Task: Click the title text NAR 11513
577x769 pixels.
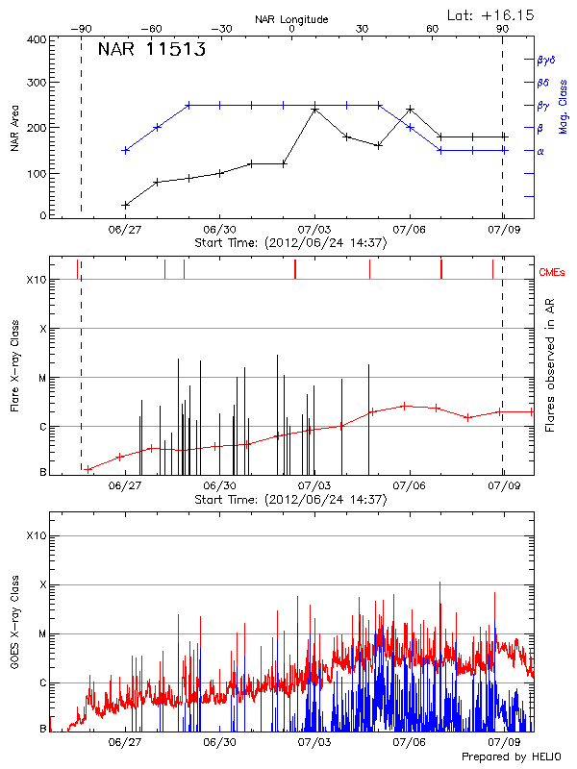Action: pyautogui.click(x=151, y=51)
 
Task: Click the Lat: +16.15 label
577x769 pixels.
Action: pyautogui.click(x=491, y=14)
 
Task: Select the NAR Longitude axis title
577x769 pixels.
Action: pyautogui.click(x=291, y=19)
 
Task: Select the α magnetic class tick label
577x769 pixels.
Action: pyautogui.click(x=539, y=151)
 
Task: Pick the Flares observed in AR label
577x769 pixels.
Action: pyautogui.click(x=550, y=364)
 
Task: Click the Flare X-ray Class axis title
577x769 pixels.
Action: pyautogui.click(x=15, y=364)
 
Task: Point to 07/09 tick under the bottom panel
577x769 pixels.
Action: pyautogui.click(x=503, y=742)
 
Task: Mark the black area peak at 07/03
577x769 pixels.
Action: pyautogui.click(x=314, y=110)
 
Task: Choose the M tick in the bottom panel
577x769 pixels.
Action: pyautogui.click(x=42, y=633)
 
